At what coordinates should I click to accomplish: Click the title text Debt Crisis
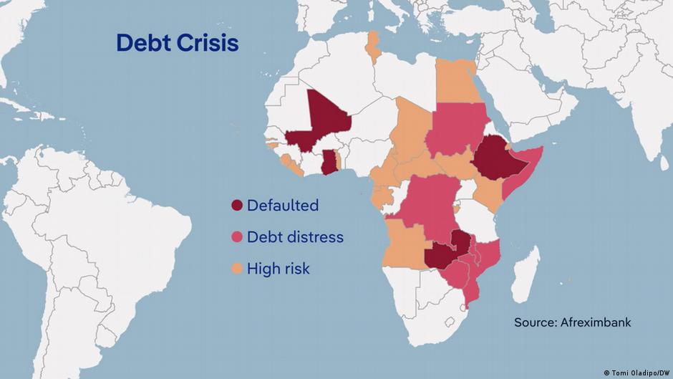point(177,44)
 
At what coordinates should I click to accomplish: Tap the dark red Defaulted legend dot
point(236,206)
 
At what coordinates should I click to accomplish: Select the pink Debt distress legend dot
point(236,237)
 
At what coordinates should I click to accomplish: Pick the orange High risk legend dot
point(236,269)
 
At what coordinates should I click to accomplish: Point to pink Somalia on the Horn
point(526,176)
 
